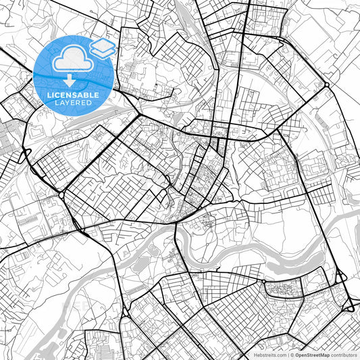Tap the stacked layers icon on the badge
[x=103, y=48]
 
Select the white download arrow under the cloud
[x=70, y=80]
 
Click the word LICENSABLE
[x=73, y=95]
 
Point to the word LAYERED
[x=73, y=103]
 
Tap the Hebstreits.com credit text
[x=268, y=355]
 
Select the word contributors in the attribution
[x=343, y=355]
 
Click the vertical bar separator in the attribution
[x=287, y=355]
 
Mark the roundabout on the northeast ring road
[x=326, y=85]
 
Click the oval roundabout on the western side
[x=61, y=195]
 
